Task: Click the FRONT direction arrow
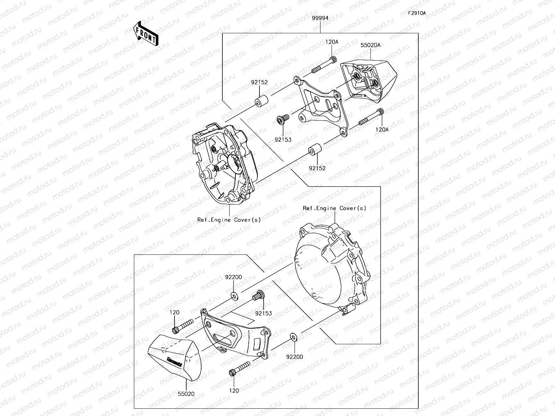(x=146, y=33)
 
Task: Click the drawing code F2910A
(x=417, y=14)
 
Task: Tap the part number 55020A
(x=370, y=45)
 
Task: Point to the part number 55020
(x=186, y=393)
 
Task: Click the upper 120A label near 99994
(x=332, y=42)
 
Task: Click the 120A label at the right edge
(x=382, y=130)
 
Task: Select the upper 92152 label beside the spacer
(x=259, y=83)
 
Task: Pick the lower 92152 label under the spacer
(x=317, y=168)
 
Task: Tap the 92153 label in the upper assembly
(x=283, y=139)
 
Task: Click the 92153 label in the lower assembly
(x=264, y=313)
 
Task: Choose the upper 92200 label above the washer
(x=233, y=277)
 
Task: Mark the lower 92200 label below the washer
(x=295, y=357)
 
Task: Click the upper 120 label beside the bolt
(x=174, y=312)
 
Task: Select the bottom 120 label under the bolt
(x=234, y=391)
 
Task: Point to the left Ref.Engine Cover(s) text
(x=229, y=219)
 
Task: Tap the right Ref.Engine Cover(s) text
(x=334, y=208)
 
